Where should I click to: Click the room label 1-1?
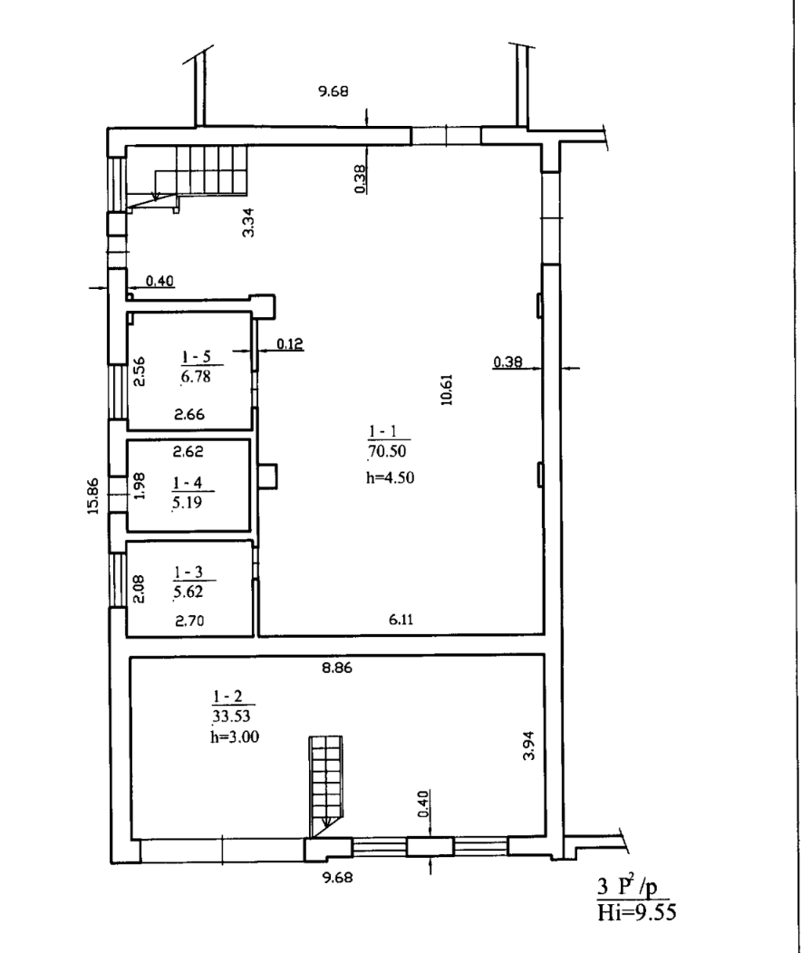(x=382, y=431)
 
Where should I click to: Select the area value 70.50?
(x=387, y=451)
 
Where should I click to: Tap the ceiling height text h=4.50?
(x=390, y=477)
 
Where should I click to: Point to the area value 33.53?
(x=231, y=716)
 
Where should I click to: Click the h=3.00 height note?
(x=235, y=737)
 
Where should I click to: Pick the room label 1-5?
(x=197, y=356)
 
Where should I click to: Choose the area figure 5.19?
(x=187, y=503)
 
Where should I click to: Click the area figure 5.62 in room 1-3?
(x=188, y=592)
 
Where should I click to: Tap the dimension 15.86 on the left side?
(x=92, y=496)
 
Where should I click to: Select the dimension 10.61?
(x=448, y=390)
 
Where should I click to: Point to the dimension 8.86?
(x=337, y=668)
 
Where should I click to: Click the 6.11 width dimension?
(x=401, y=620)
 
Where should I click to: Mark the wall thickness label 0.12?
(x=290, y=344)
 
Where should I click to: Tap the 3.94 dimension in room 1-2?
(x=529, y=746)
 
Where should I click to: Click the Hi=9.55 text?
(x=636, y=912)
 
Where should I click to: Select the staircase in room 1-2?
(x=326, y=784)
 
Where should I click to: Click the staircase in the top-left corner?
(x=188, y=173)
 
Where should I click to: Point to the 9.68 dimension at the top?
(x=333, y=91)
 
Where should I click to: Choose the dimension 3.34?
(x=248, y=223)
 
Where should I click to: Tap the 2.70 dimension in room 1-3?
(x=189, y=621)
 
